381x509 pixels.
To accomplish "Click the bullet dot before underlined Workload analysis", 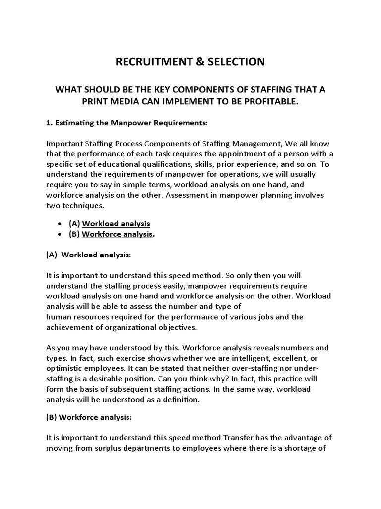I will click(60, 224).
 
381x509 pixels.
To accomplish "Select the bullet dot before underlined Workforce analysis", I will click(60, 234).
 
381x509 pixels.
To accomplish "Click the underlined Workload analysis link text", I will click(116, 224).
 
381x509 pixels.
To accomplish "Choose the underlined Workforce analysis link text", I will click(117, 234).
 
